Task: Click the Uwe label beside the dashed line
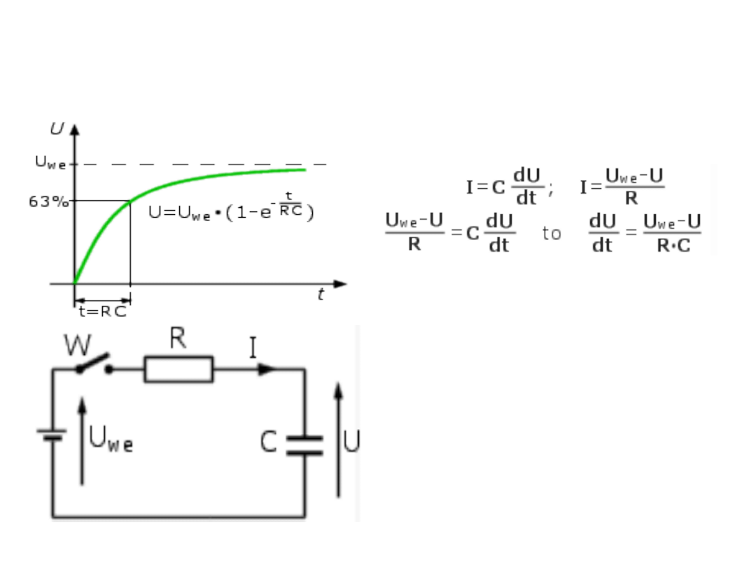51,163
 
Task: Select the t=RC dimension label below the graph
102,312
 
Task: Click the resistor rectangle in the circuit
178,369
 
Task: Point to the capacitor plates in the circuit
304,445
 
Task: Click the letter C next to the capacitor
269,442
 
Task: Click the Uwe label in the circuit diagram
111,440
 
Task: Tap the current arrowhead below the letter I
267,369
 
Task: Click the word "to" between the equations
552,234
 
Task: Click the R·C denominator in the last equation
673,246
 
